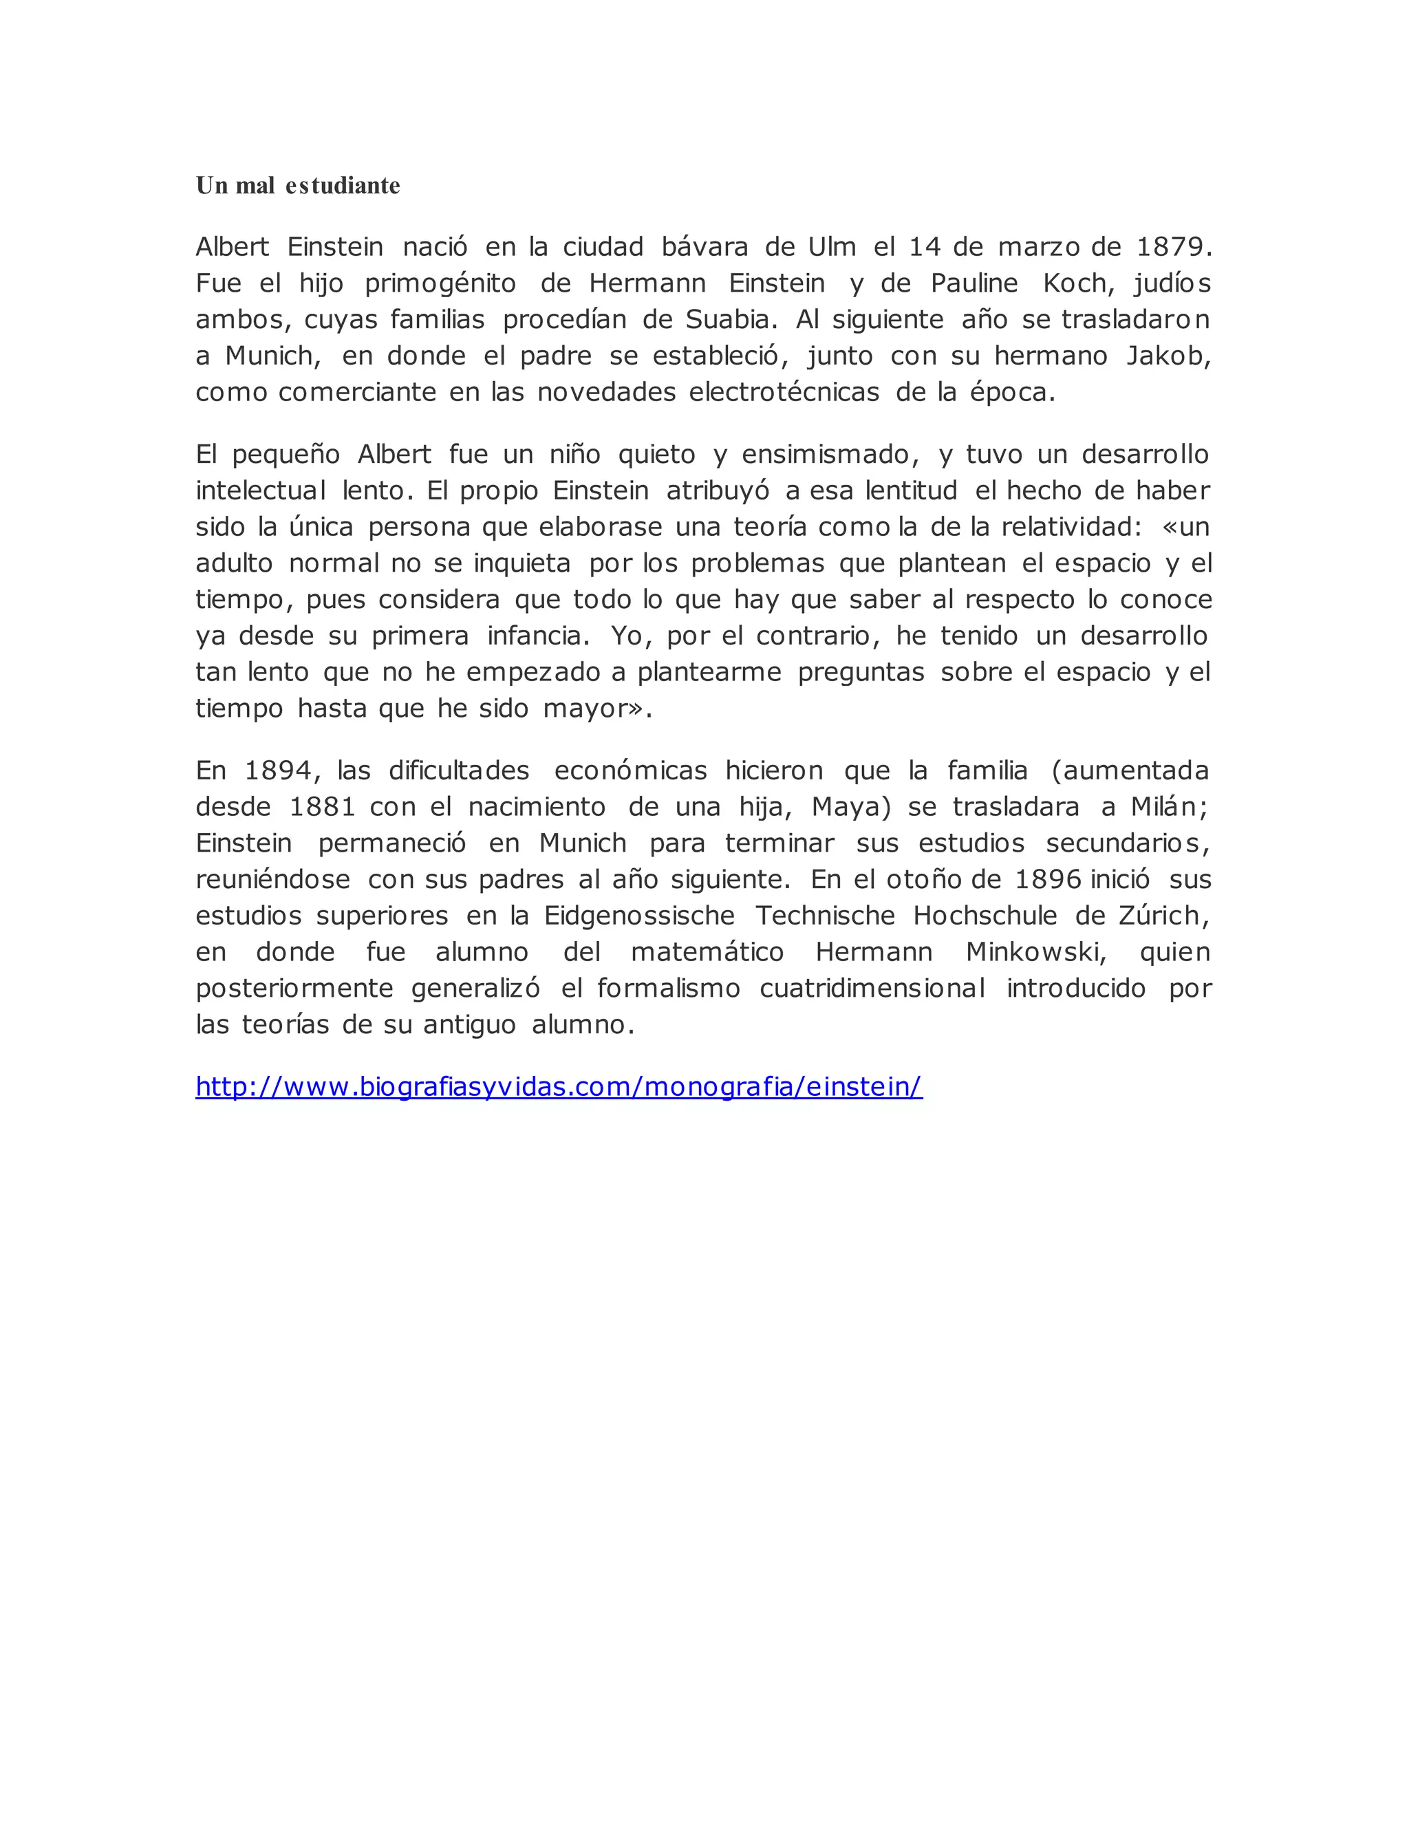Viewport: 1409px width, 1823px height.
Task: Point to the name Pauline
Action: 974,284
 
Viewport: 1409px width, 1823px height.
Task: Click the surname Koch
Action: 1077,284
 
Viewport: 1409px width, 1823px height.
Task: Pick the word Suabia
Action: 727,320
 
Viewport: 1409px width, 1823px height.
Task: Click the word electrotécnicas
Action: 784,392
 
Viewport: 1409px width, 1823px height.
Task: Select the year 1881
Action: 322,807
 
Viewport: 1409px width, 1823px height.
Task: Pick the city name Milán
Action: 1167,807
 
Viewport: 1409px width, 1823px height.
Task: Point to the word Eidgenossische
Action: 639,916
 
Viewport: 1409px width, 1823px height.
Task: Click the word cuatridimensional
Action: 872,989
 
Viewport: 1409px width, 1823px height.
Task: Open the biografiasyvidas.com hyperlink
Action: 559,1087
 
